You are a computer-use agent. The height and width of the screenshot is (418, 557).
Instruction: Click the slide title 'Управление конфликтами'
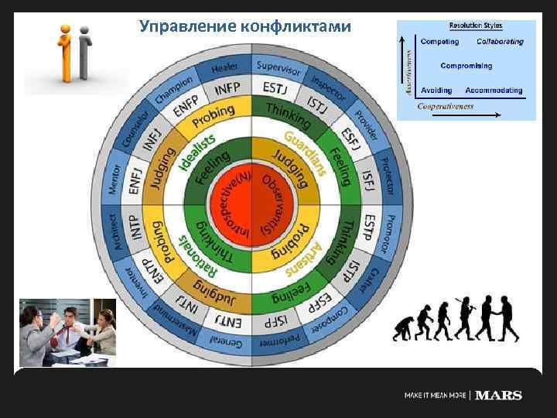click(x=245, y=27)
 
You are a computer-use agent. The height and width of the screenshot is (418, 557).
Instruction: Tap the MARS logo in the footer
click(x=498, y=396)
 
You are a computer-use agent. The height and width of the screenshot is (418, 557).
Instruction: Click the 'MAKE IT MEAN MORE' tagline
click(x=436, y=396)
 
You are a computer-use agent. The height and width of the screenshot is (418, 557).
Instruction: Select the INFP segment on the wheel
click(x=226, y=89)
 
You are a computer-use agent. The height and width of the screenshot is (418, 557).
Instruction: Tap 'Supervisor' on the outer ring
click(x=278, y=67)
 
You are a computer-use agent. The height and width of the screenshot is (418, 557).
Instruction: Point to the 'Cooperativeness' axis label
click(x=446, y=105)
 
